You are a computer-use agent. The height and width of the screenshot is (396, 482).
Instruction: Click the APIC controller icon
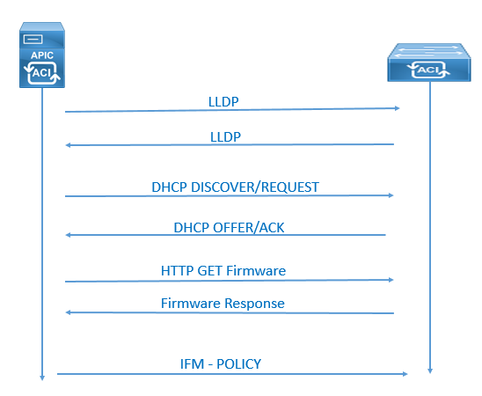tap(42, 55)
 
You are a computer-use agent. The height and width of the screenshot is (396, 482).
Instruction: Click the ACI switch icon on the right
tap(429, 62)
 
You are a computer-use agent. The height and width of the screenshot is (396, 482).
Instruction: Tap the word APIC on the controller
tap(42, 55)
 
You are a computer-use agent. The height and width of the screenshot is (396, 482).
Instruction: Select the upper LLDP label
tap(223, 102)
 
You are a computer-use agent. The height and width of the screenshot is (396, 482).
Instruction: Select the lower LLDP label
tap(225, 136)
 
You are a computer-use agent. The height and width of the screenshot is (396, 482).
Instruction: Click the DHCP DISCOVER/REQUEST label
tap(235, 187)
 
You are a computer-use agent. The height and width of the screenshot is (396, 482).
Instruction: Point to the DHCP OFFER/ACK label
tap(229, 228)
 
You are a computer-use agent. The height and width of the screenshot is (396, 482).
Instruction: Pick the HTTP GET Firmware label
tap(223, 271)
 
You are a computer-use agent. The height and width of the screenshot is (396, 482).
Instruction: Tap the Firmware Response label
tap(223, 304)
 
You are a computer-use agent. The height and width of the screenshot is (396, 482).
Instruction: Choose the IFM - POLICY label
tap(221, 364)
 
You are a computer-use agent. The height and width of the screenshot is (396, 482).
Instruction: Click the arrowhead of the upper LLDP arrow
tap(398, 108)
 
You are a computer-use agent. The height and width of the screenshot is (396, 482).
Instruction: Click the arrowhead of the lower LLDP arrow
tap(69, 145)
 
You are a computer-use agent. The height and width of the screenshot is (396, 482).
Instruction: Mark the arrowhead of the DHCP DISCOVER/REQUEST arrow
tap(391, 195)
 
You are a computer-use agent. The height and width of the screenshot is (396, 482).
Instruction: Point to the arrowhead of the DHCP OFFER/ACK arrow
tap(69, 235)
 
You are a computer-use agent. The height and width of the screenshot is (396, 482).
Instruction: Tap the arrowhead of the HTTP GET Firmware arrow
tap(391, 280)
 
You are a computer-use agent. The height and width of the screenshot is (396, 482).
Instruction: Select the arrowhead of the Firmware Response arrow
tap(69, 312)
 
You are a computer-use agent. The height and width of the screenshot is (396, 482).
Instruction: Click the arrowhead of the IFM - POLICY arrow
tap(405, 374)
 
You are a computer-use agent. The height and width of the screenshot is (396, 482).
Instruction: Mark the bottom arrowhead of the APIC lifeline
tap(42, 378)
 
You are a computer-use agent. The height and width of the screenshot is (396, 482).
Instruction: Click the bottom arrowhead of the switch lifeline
tap(430, 370)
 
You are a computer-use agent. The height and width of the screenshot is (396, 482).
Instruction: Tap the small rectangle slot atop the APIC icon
tap(33, 40)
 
